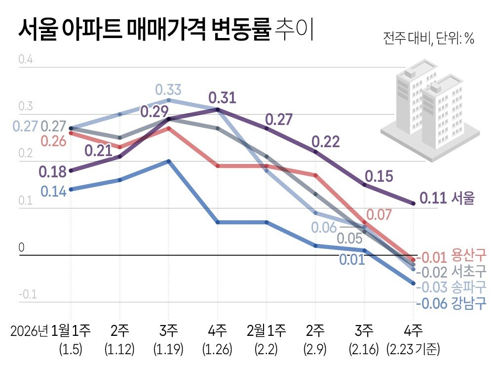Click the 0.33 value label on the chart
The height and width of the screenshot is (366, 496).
168,90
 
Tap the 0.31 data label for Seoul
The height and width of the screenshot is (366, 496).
222,98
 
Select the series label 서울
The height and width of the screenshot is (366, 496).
462,199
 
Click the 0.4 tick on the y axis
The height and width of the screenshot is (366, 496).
25,60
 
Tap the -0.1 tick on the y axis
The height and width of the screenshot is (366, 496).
27,295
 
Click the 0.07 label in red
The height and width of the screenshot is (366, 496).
378,215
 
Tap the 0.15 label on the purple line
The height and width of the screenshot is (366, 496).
379,176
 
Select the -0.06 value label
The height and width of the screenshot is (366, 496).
431,303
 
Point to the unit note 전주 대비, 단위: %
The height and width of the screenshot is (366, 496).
428,40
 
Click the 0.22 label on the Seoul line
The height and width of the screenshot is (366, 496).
326,142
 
